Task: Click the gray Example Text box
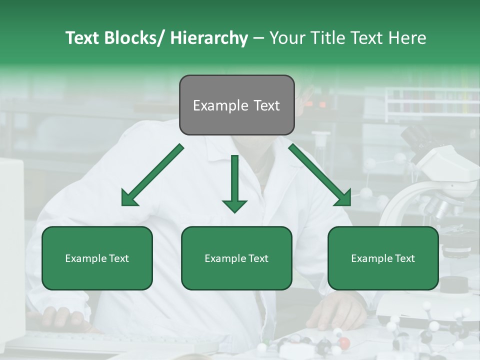click(x=236, y=105)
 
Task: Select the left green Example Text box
click(x=97, y=258)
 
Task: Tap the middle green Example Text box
click(x=236, y=258)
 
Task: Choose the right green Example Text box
click(x=383, y=258)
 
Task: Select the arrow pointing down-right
click(x=320, y=175)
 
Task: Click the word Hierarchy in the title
click(x=208, y=38)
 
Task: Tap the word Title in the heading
click(x=326, y=38)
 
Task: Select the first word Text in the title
click(x=83, y=38)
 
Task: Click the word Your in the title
click(x=288, y=38)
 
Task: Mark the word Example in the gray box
click(x=218, y=105)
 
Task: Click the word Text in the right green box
click(x=404, y=258)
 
